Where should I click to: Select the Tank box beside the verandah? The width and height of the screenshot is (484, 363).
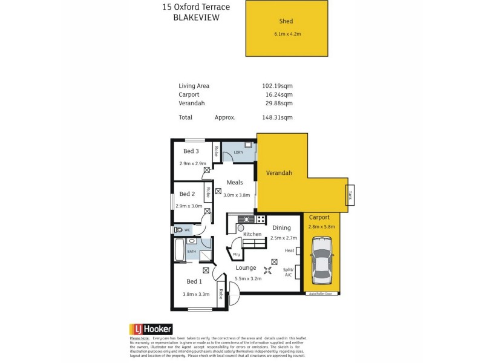coord(350,194)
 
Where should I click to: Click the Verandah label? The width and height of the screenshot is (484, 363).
coord(280,173)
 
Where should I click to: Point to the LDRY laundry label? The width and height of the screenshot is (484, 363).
coord(238,152)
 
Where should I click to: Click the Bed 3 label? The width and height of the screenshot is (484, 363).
coord(191,151)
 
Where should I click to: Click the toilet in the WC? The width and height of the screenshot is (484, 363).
coord(178,230)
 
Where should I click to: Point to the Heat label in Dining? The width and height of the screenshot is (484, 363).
coord(289,250)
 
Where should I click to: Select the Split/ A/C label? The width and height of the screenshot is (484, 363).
coord(289,272)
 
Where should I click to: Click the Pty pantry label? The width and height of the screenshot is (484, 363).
coord(236,255)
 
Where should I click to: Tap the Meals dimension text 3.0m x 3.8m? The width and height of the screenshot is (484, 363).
coord(237,195)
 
